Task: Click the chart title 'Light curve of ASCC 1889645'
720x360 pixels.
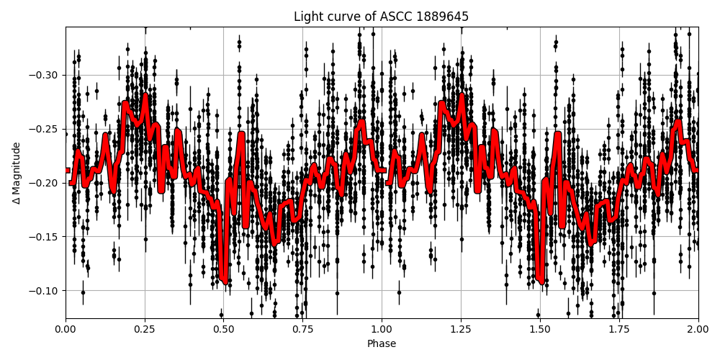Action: pos(382,17)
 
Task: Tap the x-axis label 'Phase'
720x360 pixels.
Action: pos(382,344)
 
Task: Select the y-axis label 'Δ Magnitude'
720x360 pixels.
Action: pos(16,173)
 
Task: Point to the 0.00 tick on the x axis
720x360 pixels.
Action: pos(66,330)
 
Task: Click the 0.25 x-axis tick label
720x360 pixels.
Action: pos(145,330)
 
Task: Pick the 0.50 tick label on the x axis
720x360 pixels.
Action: pos(224,330)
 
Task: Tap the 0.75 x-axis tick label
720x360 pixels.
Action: pos(302,330)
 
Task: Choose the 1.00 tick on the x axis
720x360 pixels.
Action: pos(382,330)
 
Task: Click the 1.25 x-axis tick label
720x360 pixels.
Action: pos(461,330)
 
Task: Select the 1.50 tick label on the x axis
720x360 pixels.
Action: pos(540,330)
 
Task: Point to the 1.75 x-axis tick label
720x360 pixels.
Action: pos(619,330)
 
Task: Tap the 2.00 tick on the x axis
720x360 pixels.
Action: pos(698,330)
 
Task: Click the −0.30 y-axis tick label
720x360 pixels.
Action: pos(45,75)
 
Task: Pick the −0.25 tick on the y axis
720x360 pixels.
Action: pos(45,129)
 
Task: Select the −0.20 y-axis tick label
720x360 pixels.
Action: pos(45,183)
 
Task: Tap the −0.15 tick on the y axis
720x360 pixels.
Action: pos(45,237)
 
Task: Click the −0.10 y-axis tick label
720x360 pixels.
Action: pos(45,291)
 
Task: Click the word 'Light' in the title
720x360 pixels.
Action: pos(308,17)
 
